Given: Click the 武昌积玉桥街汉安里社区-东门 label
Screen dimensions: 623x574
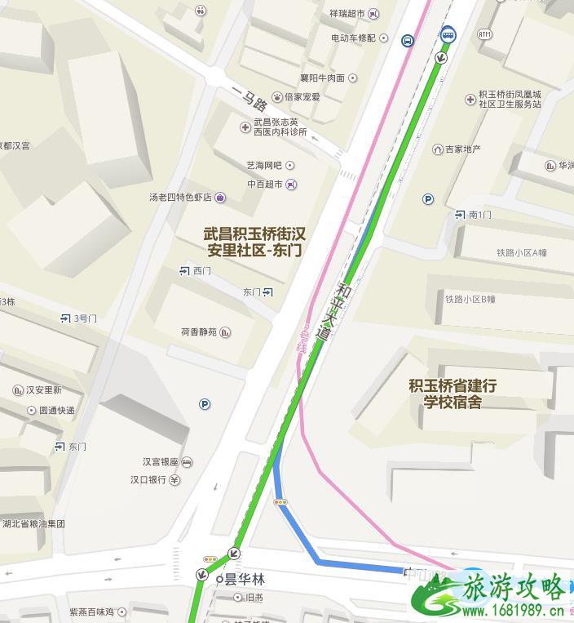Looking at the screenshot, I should (254, 242).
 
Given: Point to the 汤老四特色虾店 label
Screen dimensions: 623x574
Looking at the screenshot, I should (180, 198).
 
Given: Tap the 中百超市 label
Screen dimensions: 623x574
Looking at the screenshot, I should (265, 185).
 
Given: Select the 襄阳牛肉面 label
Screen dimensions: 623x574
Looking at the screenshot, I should (322, 78).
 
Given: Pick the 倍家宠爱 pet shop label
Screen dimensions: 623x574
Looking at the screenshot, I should (302, 96).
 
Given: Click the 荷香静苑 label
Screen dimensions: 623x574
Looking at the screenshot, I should (199, 332).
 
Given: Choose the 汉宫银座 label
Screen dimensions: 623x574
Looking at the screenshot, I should (161, 462).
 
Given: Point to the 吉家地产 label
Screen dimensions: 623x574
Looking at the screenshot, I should (462, 149).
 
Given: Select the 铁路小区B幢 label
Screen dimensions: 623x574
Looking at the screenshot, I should (470, 300).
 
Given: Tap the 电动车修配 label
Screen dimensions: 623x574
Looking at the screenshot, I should (353, 38).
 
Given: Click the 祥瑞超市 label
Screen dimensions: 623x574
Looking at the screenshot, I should (347, 14).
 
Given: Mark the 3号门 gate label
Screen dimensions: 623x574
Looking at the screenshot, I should (85, 318).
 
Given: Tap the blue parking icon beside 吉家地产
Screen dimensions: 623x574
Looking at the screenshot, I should (428, 198).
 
